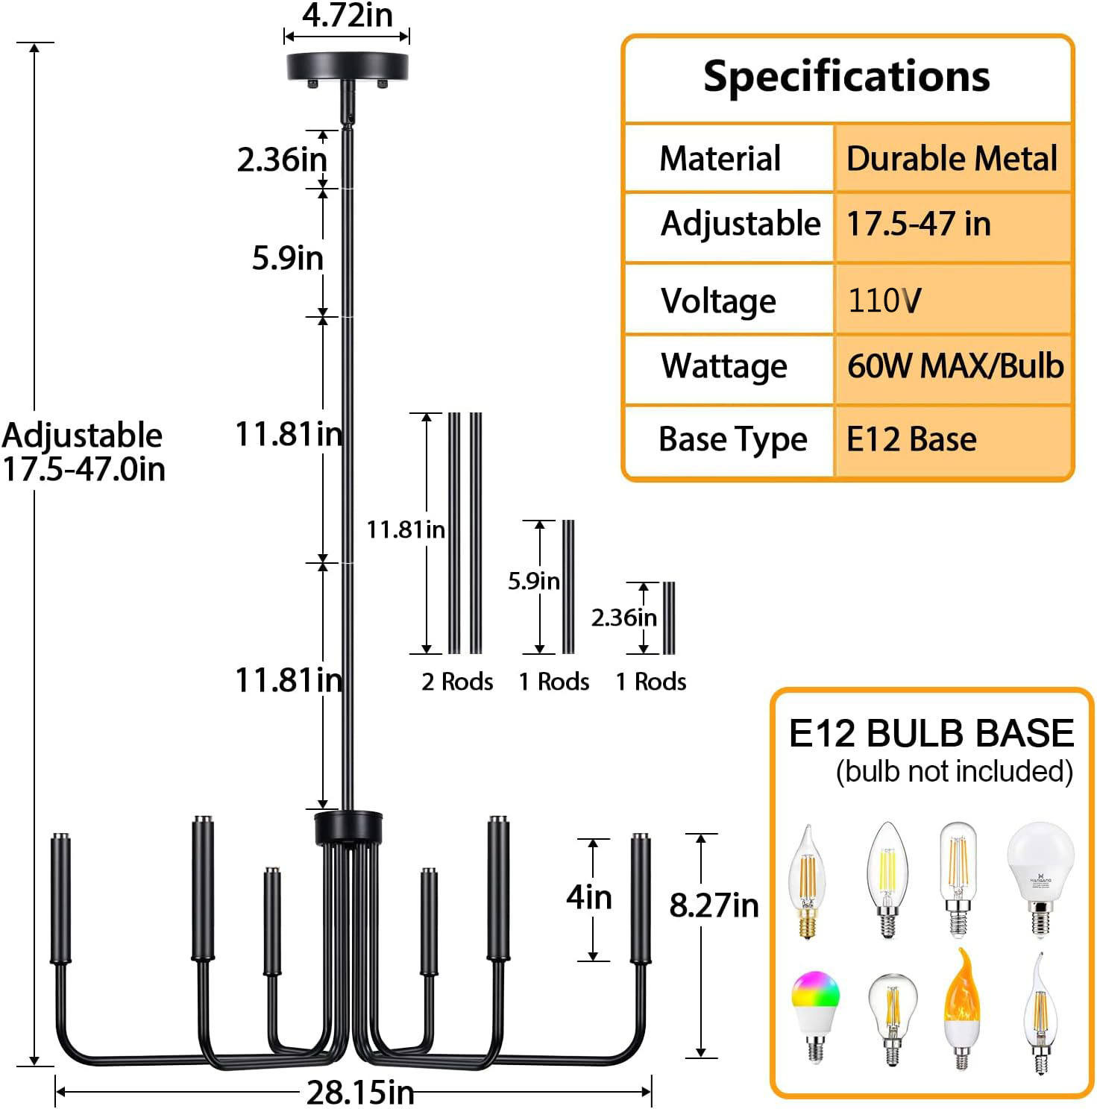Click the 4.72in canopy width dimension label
click(x=347, y=15)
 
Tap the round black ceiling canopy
click(x=348, y=67)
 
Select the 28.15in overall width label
click(x=360, y=1093)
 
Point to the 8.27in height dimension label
click(x=713, y=905)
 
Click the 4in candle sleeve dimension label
click(x=588, y=896)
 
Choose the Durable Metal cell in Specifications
click(x=952, y=159)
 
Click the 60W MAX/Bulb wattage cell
click(x=955, y=366)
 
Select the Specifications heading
click(x=846, y=77)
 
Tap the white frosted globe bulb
click(x=1040, y=877)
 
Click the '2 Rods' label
click(x=457, y=681)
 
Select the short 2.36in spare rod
click(x=669, y=618)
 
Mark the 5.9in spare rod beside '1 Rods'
click(x=568, y=586)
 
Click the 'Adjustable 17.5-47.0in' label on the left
click(x=83, y=452)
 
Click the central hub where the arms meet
click(x=348, y=827)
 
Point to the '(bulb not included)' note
click(x=954, y=771)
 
